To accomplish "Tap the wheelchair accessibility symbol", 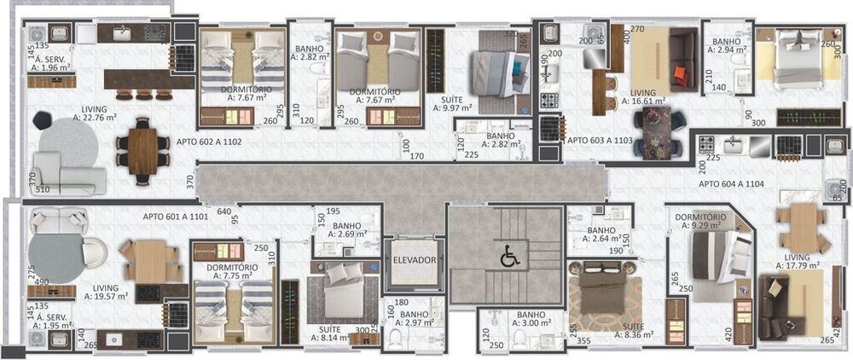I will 507,254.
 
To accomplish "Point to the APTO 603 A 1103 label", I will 601,139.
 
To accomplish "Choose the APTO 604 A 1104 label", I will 733,183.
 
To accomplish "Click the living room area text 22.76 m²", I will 94,118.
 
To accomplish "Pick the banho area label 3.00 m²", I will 531,323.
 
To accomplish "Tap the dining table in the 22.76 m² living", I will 143,150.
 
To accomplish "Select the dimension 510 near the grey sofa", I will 42,190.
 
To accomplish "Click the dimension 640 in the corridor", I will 224,212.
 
